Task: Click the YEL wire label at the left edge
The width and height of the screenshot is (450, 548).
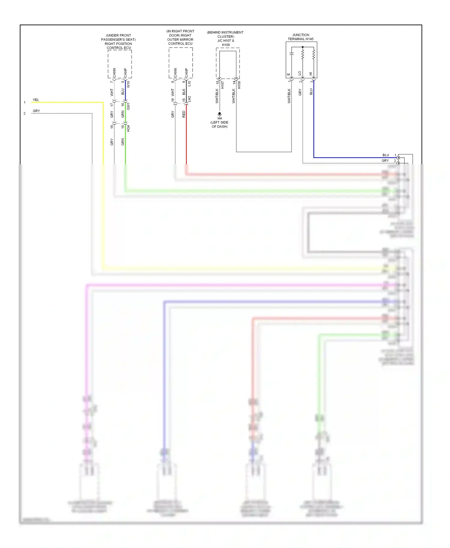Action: (x=36, y=100)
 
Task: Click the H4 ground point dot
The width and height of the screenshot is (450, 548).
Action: (x=220, y=114)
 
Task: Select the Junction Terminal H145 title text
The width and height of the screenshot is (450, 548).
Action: (x=301, y=37)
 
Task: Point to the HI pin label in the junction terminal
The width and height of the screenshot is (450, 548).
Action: (x=311, y=74)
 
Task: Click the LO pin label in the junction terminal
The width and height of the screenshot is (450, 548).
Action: (x=300, y=73)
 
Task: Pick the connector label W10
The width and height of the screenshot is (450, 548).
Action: (x=128, y=84)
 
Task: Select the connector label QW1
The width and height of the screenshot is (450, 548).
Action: (x=128, y=106)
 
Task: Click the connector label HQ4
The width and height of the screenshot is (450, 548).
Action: (x=128, y=128)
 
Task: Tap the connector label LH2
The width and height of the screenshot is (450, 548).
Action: (x=189, y=99)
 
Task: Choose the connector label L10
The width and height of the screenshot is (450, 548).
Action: (x=189, y=84)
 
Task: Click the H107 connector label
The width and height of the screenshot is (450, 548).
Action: (x=223, y=85)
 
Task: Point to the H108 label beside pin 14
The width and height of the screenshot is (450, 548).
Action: (x=239, y=85)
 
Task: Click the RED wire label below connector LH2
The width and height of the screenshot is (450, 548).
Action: (x=184, y=114)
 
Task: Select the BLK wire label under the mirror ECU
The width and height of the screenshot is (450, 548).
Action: (x=184, y=92)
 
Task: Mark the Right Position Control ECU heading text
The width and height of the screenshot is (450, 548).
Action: (x=118, y=42)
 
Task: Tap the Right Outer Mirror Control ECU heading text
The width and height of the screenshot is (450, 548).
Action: (x=180, y=37)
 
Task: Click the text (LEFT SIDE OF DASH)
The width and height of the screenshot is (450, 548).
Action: (x=220, y=124)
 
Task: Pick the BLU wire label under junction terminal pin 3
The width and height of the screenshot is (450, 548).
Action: (x=311, y=91)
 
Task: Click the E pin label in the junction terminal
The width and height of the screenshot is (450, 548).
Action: (x=289, y=74)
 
